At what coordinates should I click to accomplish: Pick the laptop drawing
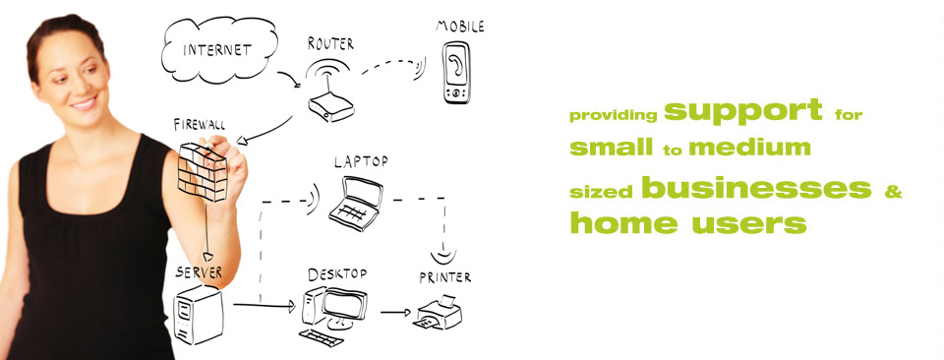(x=356, y=204)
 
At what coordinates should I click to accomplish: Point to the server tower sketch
(x=198, y=314)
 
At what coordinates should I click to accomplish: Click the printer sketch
(x=438, y=313)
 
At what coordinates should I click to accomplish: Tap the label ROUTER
(x=330, y=43)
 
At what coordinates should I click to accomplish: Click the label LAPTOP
(x=361, y=162)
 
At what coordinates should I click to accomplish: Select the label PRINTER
(x=444, y=277)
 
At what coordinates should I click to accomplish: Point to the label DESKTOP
(x=337, y=274)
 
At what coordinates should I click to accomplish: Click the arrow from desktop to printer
(x=395, y=312)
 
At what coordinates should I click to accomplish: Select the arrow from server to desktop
(x=265, y=305)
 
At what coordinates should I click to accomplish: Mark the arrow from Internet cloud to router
(x=289, y=79)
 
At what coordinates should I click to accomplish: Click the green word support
(x=743, y=111)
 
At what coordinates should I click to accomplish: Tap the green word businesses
(x=756, y=188)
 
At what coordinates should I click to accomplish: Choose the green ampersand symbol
(x=893, y=192)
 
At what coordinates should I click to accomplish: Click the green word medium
(x=749, y=148)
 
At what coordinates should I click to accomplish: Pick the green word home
(x=623, y=222)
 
